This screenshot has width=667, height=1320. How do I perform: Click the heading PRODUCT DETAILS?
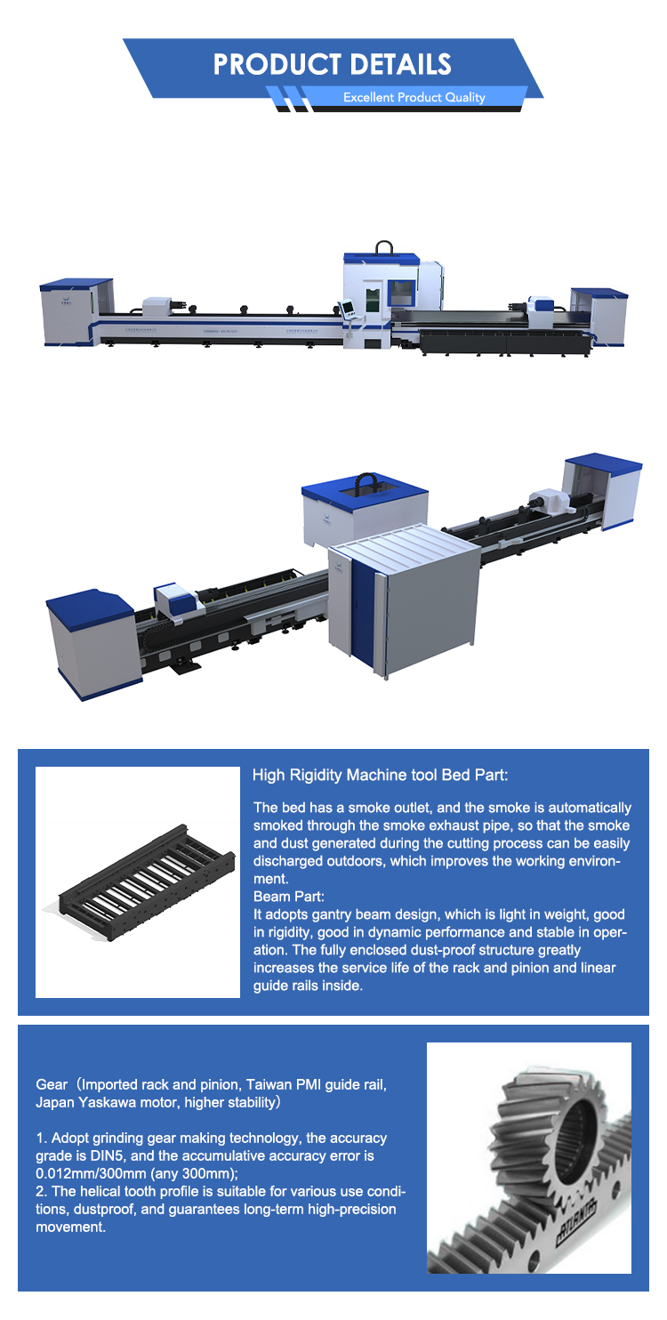coord(333,64)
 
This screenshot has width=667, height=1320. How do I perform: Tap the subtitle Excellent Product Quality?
coord(414,97)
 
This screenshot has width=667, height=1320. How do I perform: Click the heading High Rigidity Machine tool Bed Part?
coord(380,775)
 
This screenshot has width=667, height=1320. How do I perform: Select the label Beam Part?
coord(289,897)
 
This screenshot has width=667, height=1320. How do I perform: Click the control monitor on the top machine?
coord(347,307)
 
